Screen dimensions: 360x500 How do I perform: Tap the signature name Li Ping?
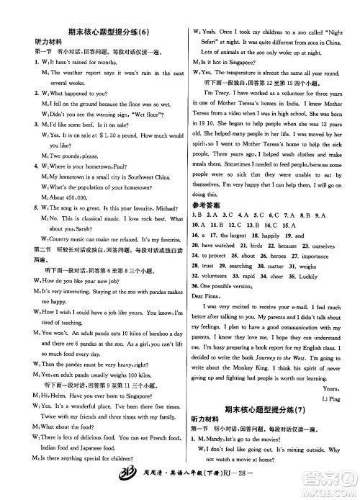[x=327, y=397]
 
